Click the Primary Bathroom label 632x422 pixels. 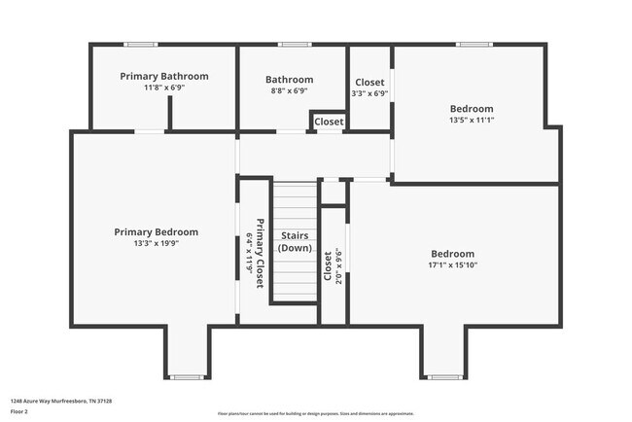pos(164,76)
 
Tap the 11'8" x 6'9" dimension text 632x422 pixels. pos(164,88)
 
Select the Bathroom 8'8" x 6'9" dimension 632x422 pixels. pos(289,90)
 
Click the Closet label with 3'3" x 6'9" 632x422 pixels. pos(369,83)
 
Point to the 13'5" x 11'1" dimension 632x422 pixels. pos(472,121)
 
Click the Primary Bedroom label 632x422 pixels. pos(156,232)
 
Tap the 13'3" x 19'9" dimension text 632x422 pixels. pos(156,244)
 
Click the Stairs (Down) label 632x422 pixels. pos(295,241)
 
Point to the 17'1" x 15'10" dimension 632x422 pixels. pos(453,264)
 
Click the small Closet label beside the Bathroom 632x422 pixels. pos(329,123)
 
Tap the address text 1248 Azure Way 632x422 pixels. pos(60,401)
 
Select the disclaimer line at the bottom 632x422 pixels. pos(316,413)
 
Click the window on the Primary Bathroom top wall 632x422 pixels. pos(141,44)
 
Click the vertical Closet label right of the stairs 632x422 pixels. pos(328,266)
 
